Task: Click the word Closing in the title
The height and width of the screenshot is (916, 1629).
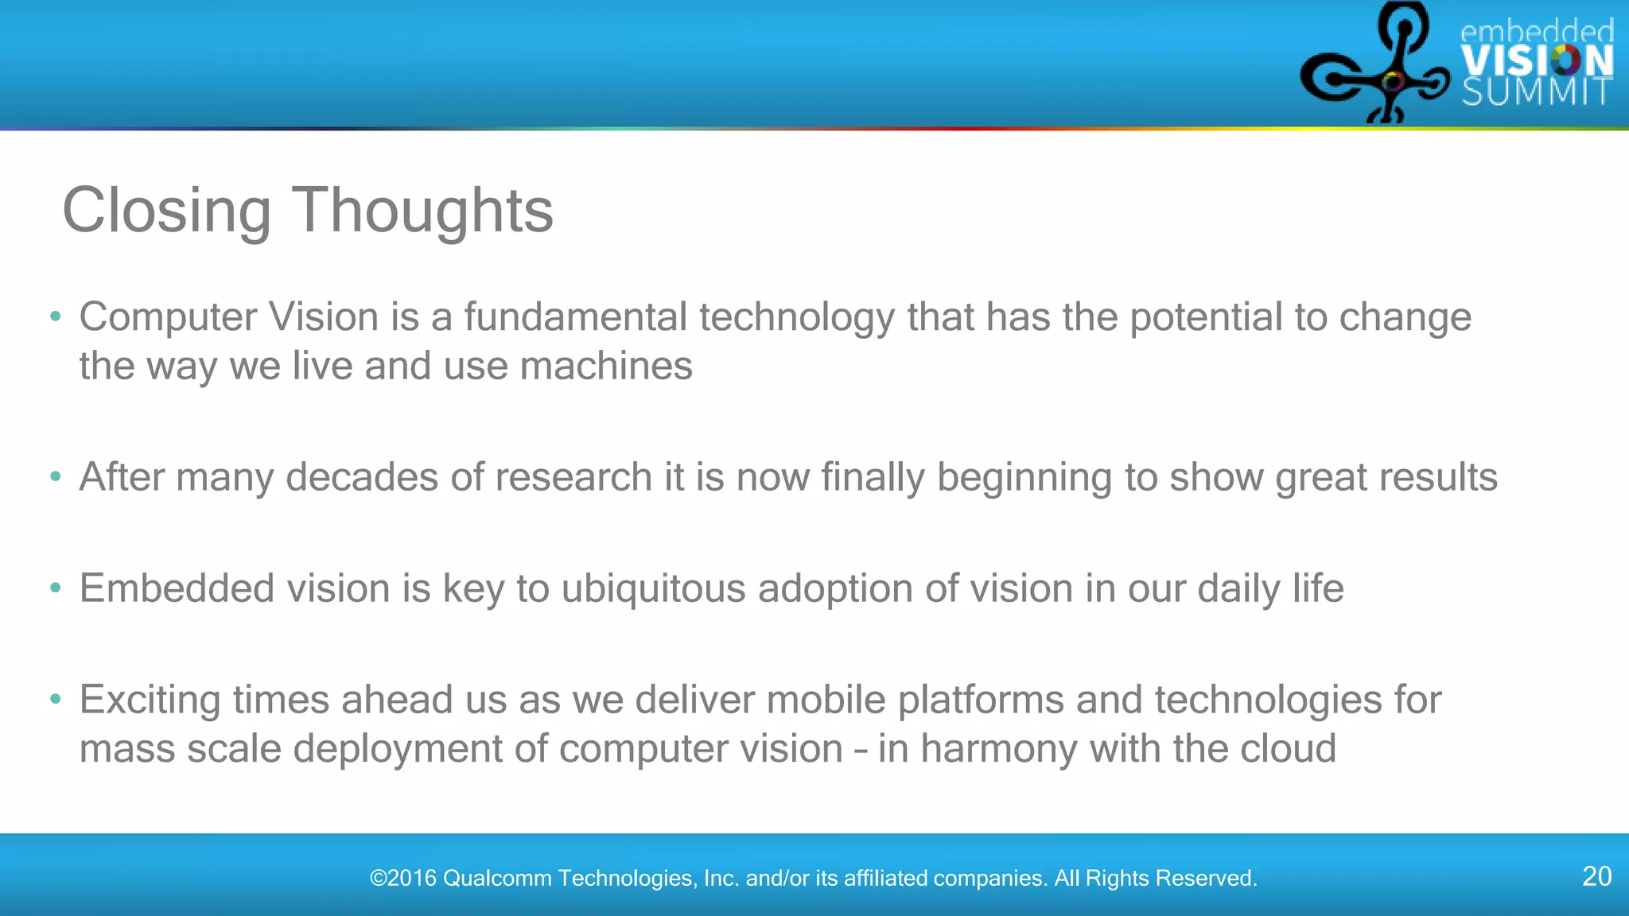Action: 166,211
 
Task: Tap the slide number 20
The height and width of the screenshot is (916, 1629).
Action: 1596,876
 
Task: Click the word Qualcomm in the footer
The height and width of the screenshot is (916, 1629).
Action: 497,879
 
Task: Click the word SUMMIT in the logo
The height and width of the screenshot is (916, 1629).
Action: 1537,92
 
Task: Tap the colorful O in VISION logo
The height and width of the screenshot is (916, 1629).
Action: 1565,60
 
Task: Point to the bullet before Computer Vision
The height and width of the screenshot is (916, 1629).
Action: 55,316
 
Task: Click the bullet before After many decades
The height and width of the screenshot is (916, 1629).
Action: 55,477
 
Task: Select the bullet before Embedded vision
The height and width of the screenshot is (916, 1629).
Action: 55,588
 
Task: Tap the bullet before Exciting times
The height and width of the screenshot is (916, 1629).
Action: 55,700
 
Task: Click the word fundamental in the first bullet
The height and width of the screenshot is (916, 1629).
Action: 575,316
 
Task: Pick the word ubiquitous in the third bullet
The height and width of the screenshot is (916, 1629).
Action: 653,589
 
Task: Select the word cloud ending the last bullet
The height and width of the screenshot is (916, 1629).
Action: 1288,749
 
